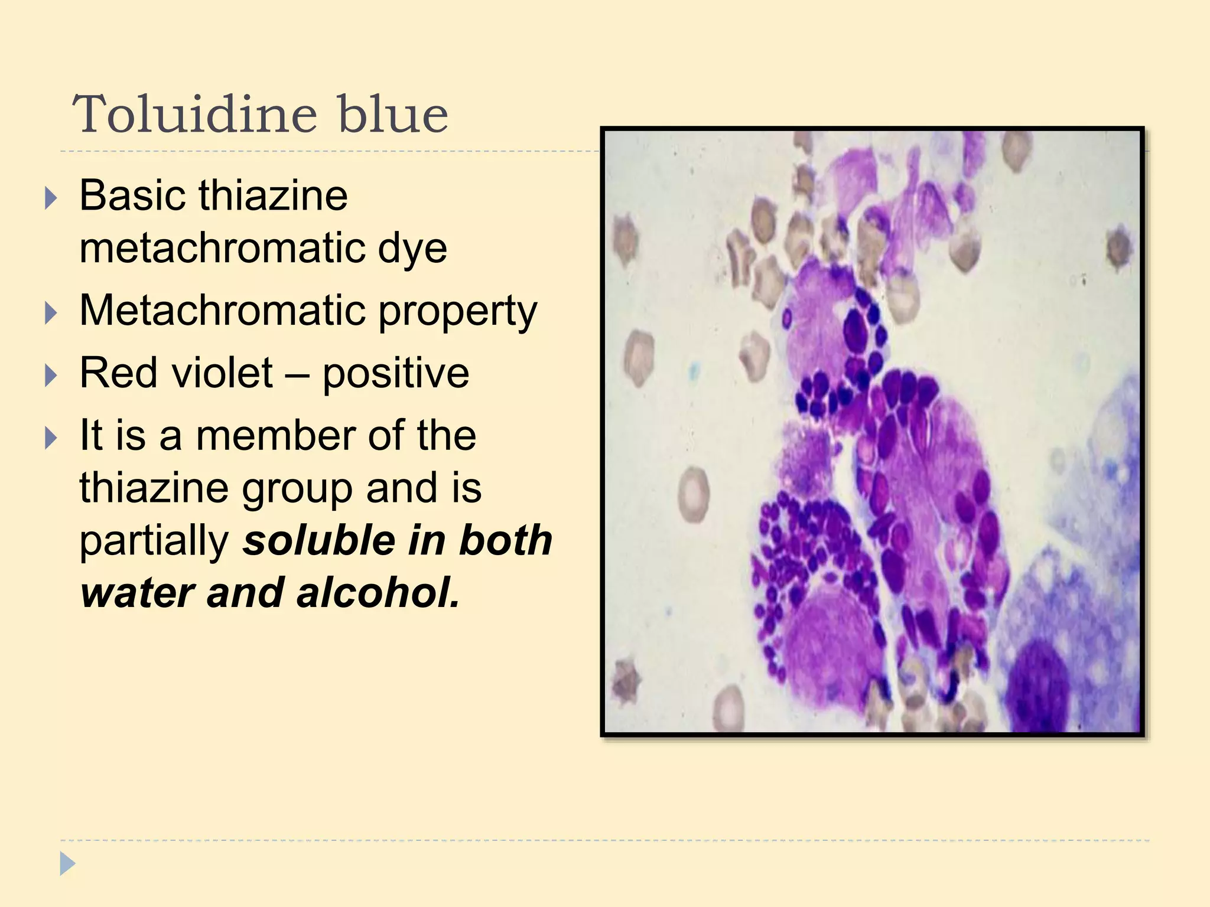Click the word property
457,311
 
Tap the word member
275,436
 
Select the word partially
154,541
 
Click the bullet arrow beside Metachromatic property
51,314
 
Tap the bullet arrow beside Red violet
51,376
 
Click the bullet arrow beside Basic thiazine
51,198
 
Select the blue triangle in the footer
67,864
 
